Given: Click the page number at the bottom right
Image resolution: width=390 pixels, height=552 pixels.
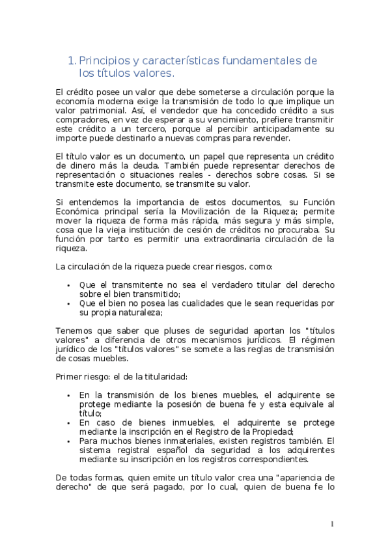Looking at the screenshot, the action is pyautogui.click(x=332, y=523).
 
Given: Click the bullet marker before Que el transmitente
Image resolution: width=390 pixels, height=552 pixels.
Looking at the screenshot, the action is pyautogui.click(x=68, y=285).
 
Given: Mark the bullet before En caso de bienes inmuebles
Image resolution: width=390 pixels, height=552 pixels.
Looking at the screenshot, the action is pyautogui.click(x=68, y=422).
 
